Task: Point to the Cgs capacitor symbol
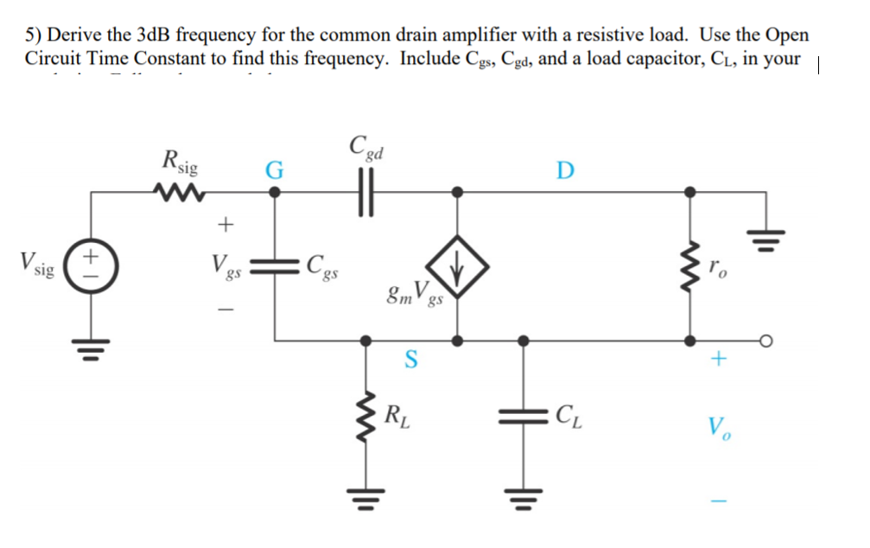276,266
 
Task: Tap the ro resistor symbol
689,266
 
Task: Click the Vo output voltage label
716,426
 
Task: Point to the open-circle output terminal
766,340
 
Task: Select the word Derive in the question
73,35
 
